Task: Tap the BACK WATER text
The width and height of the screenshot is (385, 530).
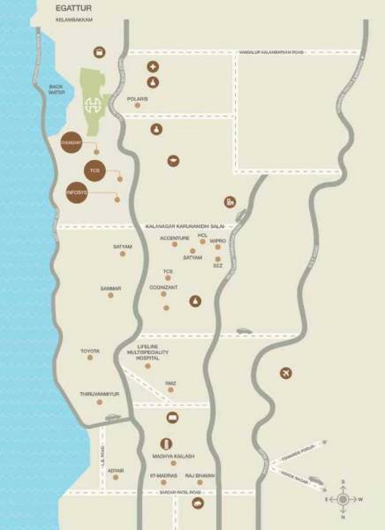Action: point(57,89)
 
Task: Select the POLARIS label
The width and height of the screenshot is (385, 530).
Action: point(137,99)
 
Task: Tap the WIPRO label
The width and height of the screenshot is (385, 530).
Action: point(217,240)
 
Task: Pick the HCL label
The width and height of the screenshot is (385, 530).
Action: point(202,236)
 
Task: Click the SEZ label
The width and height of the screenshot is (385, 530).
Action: point(217,265)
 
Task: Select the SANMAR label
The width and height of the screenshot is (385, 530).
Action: point(110,288)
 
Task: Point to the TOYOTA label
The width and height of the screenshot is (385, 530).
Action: point(91,352)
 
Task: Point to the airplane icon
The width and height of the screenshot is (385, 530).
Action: point(285,374)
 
